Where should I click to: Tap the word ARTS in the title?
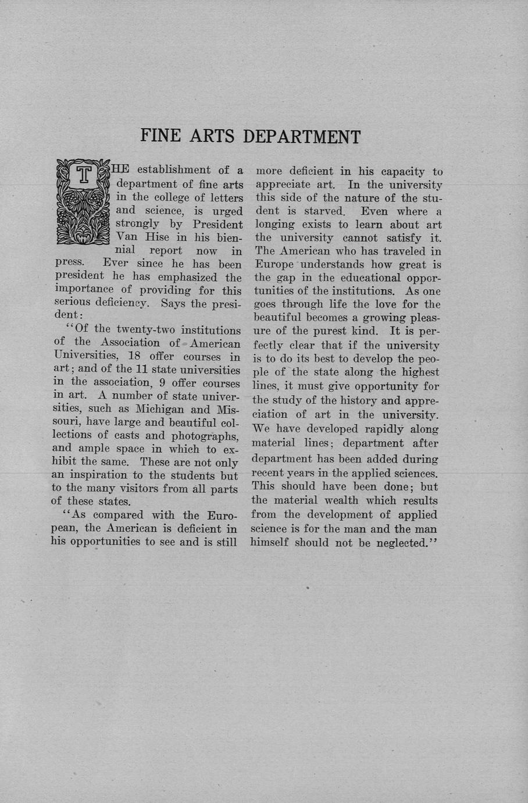(x=213, y=136)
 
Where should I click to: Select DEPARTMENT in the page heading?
(x=301, y=137)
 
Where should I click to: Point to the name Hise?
(x=158, y=237)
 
